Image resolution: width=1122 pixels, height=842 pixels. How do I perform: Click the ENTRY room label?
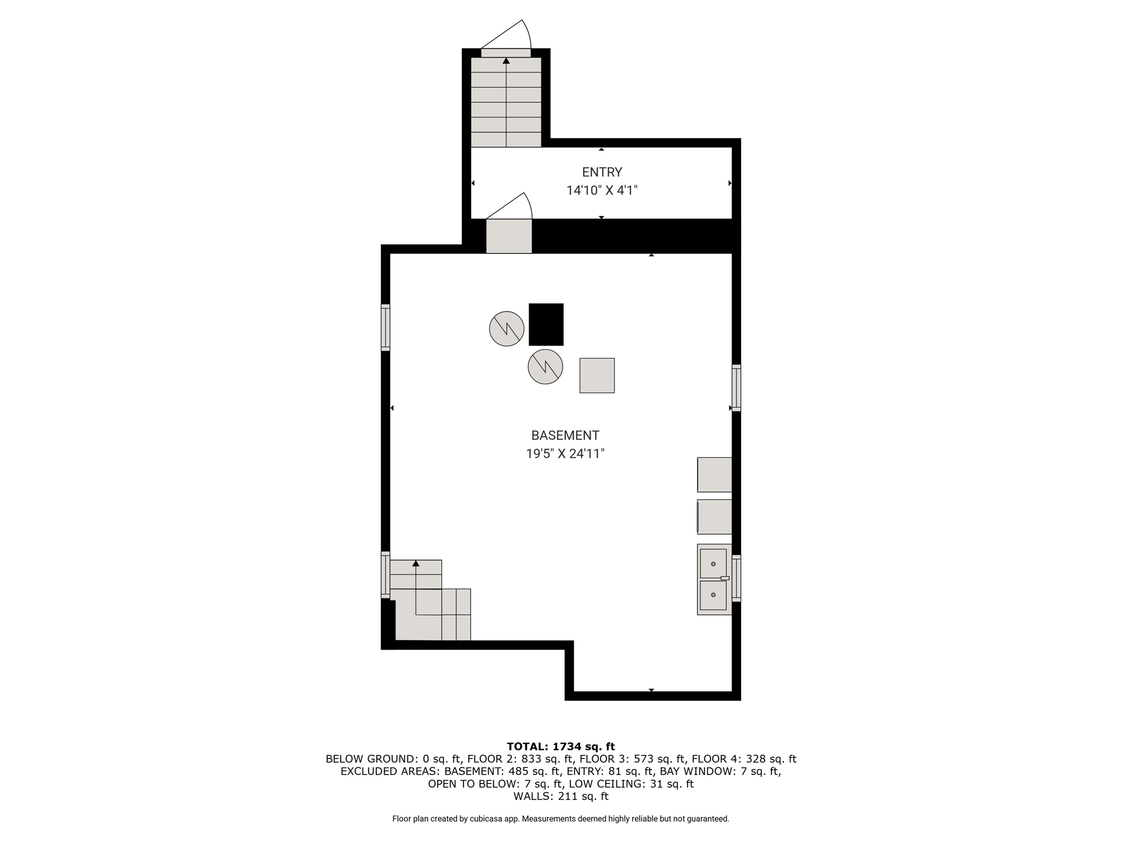click(x=602, y=172)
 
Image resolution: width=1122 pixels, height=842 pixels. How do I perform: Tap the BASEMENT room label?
click(x=565, y=435)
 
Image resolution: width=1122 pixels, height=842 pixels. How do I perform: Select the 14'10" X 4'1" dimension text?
click(x=602, y=191)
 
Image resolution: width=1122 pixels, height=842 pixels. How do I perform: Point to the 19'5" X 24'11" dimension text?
click(x=565, y=454)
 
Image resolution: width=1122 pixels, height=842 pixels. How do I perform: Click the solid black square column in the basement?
click(x=546, y=325)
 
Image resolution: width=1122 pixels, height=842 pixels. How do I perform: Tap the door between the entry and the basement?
click(x=509, y=236)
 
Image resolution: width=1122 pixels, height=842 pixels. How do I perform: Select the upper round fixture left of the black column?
click(x=506, y=329)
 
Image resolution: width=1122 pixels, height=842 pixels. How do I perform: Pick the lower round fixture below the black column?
click(x=545, y=367)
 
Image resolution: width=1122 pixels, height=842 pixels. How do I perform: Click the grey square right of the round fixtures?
click(x=597, y=376)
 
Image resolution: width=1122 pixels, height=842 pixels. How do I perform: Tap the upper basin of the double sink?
click(x=713, y=564)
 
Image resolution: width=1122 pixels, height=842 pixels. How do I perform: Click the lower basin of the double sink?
click(x=713, y=595)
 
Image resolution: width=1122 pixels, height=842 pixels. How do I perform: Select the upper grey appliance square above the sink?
click(x=714, y=475)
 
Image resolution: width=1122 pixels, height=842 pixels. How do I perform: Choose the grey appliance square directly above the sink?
click(x=714, y=516)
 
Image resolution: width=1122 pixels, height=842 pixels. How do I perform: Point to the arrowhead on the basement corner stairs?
click(x=416, y=563)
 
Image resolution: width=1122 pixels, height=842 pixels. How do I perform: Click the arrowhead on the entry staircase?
click(x=506, y=60)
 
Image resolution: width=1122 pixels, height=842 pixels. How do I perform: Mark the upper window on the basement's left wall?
click(x=386, y=327)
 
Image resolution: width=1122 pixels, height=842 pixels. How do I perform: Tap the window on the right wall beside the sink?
click(x=736, y=578)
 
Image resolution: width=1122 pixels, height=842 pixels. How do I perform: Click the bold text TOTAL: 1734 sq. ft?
click(x=561, y=746)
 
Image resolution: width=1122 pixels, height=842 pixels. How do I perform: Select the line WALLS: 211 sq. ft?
click(x=561, y=796)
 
